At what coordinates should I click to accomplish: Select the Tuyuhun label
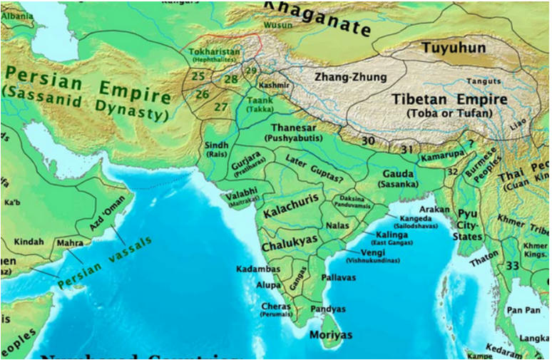click(453, 48)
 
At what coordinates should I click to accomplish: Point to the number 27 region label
click(221, 107)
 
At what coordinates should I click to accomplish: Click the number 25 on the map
click(198, 76)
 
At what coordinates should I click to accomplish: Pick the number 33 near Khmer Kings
click(512, 265)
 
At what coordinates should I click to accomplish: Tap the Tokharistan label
click(215, 52)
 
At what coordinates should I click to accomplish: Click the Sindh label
click(216, 145)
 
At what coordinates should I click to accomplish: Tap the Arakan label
click(434, 210)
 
